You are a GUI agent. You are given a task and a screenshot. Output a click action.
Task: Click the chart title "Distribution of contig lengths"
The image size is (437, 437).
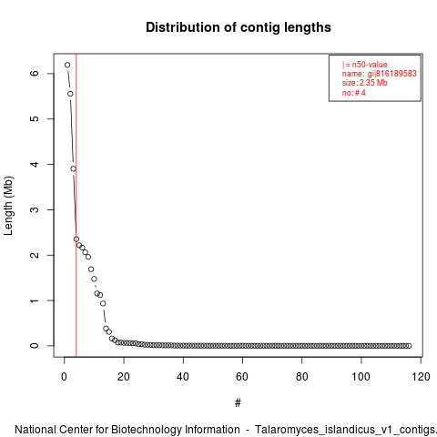click(239, 27)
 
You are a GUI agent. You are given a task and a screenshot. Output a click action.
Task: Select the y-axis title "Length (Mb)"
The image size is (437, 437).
click(8, 206)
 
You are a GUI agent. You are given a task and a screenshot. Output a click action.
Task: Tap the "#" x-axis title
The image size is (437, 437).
click(238, 403)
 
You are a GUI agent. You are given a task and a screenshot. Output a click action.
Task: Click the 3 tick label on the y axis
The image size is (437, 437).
click(35, 209)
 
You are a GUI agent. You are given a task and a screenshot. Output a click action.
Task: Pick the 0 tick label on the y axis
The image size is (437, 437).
click(35, 346)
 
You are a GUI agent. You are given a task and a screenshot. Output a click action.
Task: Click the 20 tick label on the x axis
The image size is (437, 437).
click(124, 377)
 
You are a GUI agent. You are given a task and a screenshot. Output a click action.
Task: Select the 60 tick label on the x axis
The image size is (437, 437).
click(242, 377)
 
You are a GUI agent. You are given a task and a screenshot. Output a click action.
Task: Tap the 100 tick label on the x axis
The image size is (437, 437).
click(361, 377)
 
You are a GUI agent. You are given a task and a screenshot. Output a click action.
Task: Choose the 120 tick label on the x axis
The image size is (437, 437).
click(421, 377)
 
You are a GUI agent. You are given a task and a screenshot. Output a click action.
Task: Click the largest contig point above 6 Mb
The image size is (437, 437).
click(67, 65)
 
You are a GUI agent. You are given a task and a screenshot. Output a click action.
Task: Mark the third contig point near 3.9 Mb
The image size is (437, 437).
click(73, 168)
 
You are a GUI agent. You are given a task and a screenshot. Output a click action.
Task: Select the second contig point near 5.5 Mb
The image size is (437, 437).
click(70, 94)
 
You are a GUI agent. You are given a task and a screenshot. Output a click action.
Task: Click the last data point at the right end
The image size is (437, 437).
click(409, 346)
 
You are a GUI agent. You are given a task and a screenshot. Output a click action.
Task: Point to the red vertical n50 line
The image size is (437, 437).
click(76, 205)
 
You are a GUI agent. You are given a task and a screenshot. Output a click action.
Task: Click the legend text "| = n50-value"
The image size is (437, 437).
click(365, 65)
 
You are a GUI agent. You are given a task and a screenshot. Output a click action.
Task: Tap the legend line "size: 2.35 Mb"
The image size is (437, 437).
click(365, 83)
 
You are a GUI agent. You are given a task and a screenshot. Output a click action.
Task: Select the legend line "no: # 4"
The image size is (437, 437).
click(354, 93)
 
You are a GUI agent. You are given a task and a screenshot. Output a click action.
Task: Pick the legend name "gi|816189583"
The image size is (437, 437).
click(391, 74)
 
